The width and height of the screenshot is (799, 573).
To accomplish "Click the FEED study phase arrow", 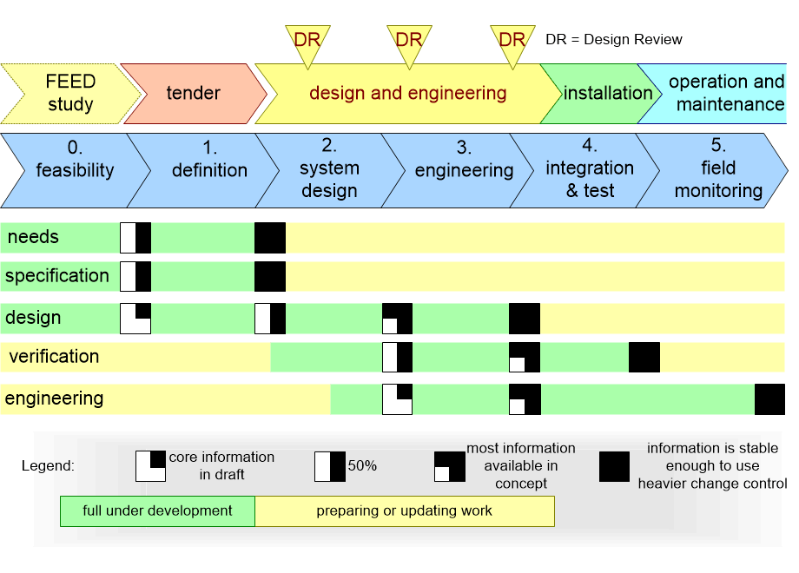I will pyautogui.click(x=70, y=93).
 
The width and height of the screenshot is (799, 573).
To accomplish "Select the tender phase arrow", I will pyautogui.click(x=193, y=93).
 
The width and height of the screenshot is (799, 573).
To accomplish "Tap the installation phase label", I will pyautogui.click(x=608, y=93).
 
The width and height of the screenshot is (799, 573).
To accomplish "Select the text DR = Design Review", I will pyautogui.click(x=613, y=40).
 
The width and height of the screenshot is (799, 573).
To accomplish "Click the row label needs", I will pyautogui.click(x=33, y=237).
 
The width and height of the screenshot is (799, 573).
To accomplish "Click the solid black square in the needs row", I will pyautogui.click(x=270, y=238).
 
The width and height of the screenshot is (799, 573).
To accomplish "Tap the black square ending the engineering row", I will pyautogui.click(x=769, y=399).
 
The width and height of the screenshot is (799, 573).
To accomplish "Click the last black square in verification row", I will pyautogui.click(x=644, y=357).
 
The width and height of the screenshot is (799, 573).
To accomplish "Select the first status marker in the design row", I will pyautogui.click(x=135, y=319).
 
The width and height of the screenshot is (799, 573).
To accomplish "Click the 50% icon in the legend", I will pyautogui.click(x=330, y=466).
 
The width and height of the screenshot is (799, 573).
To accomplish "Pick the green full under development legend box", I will pyautogui.click(x=157, y=510).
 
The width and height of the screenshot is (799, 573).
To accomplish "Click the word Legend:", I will pyautogui.click(x=48, y=466).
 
